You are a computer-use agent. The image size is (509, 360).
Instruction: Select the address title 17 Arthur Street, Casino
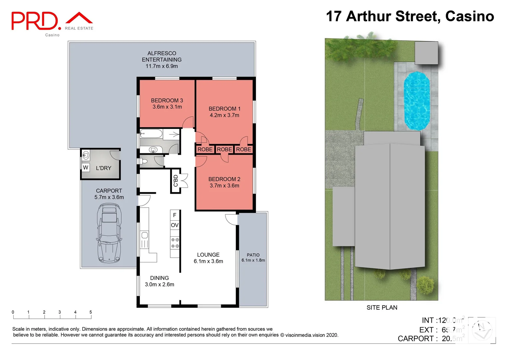(x=410, y=16)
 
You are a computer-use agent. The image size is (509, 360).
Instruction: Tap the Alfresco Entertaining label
(x=162, y=56)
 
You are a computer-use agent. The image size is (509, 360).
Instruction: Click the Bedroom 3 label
(x=167, y=100)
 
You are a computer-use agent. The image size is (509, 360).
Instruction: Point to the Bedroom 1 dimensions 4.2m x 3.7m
(x=224, y=115)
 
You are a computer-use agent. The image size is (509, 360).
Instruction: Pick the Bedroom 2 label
(x=224, y=179)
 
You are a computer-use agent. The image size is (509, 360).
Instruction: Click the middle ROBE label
(x=224, y=149)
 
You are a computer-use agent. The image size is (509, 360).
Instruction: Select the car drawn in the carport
(x=109, y=233)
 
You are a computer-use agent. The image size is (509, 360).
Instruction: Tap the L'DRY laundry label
(x=104, y=168)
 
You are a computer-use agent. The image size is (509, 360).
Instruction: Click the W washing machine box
(x=86, y=167)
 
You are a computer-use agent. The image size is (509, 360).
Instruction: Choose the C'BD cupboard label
(x=176, y=181)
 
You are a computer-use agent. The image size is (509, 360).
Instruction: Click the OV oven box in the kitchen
(x=175, y=225)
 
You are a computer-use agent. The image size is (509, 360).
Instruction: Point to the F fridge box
(x=175, y=215)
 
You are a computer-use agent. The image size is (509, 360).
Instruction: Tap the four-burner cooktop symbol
(x=175, y=243)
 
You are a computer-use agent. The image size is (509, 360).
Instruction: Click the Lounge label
(x=208, y=255)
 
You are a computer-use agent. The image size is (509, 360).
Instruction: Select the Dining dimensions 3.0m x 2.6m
(x=159, y=284)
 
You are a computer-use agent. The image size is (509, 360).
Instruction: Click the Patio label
(x=253, y=255)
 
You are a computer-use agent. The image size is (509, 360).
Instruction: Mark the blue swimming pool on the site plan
(x=416, y=100)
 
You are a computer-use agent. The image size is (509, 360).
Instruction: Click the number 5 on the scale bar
(x=91, y=312)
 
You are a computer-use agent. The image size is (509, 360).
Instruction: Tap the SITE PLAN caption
(x=382, y=308)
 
